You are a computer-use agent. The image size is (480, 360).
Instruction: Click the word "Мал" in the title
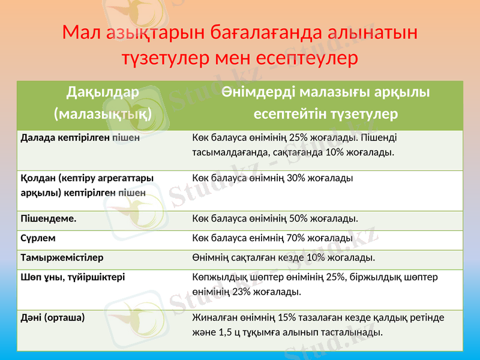[82, 32]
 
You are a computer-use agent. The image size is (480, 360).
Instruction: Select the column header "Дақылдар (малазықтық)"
[103, 102]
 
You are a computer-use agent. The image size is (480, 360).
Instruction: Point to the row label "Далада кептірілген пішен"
[80, 137]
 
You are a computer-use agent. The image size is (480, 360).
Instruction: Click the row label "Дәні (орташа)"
[53, 317]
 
